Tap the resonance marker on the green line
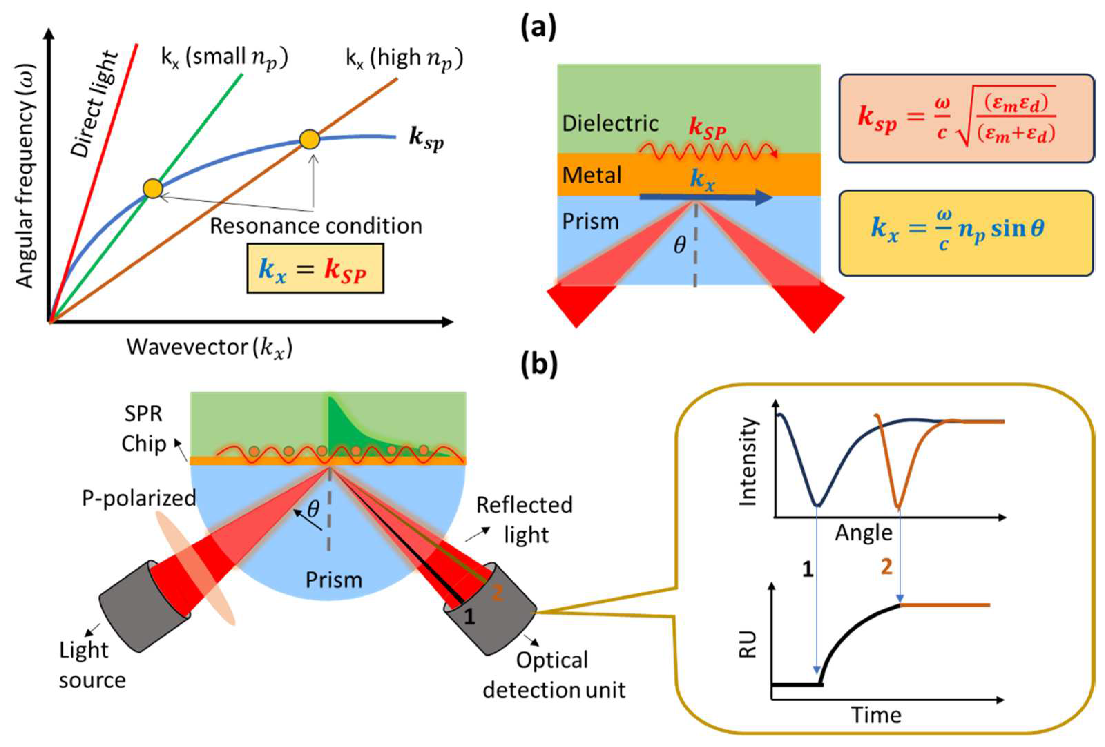153,189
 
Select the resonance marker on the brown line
309,139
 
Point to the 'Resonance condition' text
316,226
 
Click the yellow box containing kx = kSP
315,269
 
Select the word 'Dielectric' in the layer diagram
610,124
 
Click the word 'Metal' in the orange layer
592,175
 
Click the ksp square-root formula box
966,118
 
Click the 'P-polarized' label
139,498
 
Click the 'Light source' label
92,665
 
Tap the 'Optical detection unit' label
554,675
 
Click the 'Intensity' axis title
748,462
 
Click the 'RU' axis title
748,645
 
